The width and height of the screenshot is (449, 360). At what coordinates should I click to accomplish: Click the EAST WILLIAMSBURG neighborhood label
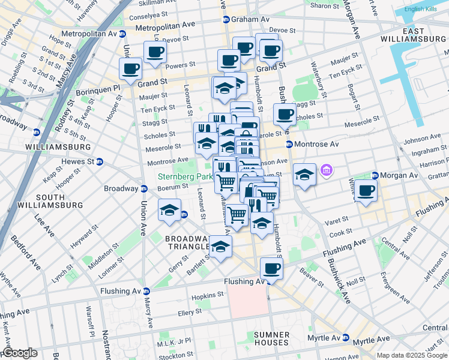414,34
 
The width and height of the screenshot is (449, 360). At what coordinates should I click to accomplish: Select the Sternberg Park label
185,177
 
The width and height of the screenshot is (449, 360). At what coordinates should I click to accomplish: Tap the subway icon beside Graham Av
226,19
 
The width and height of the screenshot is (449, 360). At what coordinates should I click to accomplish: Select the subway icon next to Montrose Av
289,145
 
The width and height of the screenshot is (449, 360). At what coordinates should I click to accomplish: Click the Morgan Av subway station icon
375,175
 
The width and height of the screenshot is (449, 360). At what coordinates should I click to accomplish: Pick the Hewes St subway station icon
100,161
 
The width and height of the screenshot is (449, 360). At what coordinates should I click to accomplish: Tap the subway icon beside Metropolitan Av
122,34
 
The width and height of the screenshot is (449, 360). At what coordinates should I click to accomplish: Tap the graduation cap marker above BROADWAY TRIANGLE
169,210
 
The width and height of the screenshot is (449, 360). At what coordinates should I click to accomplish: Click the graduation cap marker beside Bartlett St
220,246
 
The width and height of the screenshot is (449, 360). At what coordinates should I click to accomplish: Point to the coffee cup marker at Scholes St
285,113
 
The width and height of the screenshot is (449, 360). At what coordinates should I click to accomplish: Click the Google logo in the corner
19,353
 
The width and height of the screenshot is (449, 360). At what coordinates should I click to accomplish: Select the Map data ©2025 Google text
412,355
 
